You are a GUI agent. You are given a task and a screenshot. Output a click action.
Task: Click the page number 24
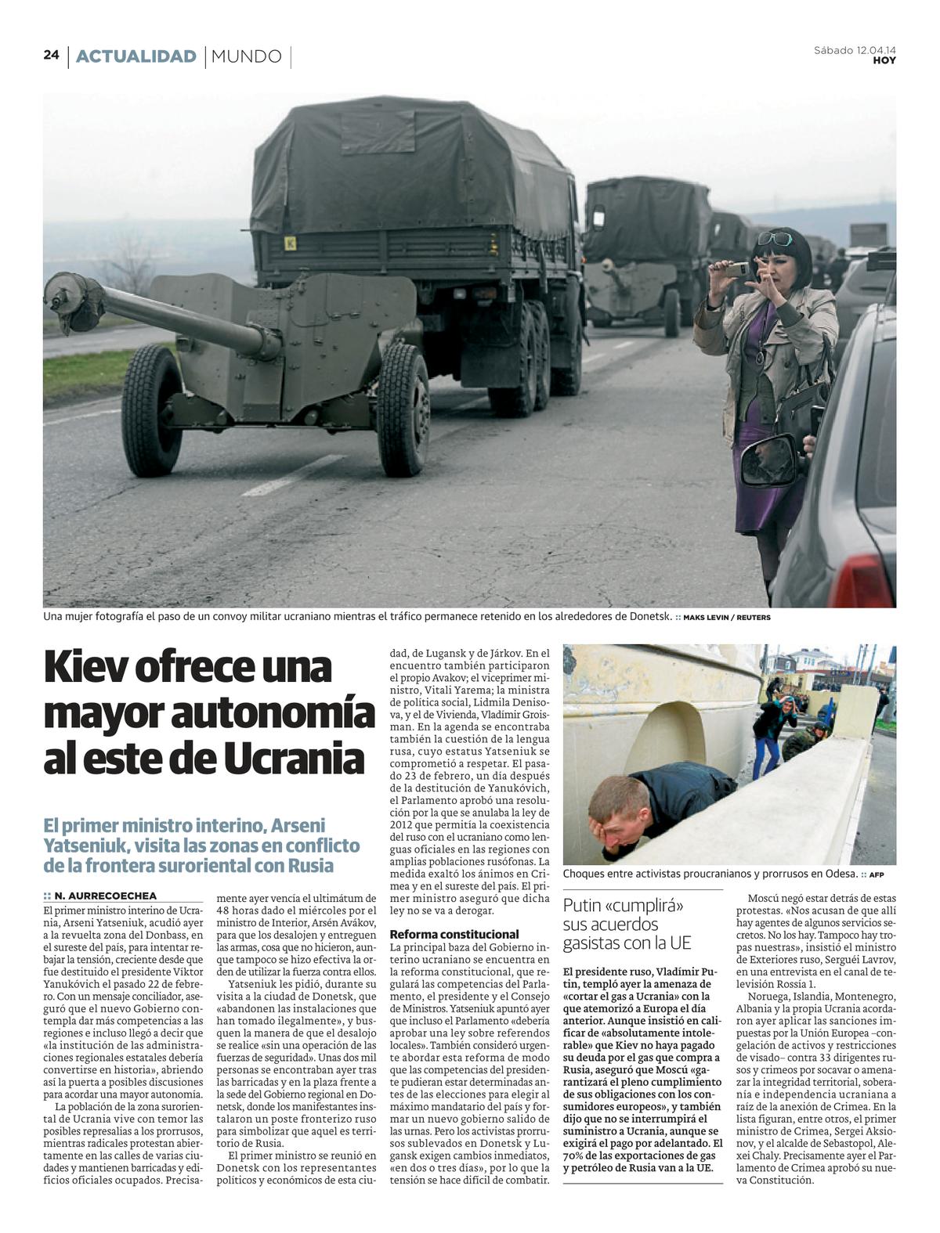coord(51,55)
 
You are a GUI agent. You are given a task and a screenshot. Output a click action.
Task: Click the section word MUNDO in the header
coord(246,56)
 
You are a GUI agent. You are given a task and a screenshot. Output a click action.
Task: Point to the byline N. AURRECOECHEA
coord(105,896)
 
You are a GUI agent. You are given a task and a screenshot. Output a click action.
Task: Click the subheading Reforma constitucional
coord(454,934)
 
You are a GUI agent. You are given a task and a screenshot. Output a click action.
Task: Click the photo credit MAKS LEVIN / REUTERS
coord(726,618)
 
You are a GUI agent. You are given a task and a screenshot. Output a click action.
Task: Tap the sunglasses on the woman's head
coord(773,238)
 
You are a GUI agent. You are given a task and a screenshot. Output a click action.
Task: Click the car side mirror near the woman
coord(768,463)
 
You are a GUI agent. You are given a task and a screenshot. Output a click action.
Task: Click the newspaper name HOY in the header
coord(884,61)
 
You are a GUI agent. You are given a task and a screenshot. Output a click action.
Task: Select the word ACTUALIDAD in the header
coord(136,56)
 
